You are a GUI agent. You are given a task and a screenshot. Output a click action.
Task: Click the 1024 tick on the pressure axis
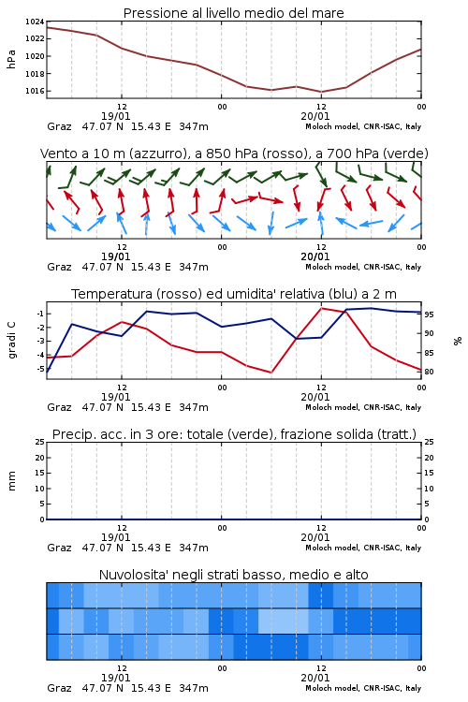pos(35,22)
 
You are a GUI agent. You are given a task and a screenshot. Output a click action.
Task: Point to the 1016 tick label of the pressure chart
pos(35,91)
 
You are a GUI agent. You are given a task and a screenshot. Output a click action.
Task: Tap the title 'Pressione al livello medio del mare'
pos(233,13)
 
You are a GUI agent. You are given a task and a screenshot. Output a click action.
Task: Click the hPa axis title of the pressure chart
pos(11,59)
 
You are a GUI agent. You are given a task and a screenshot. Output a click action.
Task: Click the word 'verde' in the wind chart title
pos(405,154)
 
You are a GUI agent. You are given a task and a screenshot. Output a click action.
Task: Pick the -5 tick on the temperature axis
pos(39,370)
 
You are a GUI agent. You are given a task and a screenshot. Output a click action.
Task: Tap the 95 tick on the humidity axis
pos(429,314)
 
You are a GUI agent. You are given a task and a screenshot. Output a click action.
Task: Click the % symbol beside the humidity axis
pos(458,341)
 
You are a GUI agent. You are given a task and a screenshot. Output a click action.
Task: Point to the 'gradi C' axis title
pos(11,340)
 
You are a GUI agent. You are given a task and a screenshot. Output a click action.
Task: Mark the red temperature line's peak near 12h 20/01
pos(321,308)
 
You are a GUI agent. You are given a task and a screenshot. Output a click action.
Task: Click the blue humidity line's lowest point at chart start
pos(47,372)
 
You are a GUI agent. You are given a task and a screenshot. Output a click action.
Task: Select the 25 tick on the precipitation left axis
pos(39,442)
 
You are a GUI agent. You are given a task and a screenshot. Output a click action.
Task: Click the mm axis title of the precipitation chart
pos(11,480)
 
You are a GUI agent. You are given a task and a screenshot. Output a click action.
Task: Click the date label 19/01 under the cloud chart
pos(115,678)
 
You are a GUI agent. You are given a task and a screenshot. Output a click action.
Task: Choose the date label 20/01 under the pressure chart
pos(315,116)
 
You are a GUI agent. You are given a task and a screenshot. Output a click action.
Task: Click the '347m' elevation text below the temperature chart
pos(194,407)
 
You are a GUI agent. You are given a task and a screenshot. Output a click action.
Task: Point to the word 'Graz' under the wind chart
pos(59,267)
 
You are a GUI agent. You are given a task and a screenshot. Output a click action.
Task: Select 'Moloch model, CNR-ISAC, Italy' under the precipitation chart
pos(363,548)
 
